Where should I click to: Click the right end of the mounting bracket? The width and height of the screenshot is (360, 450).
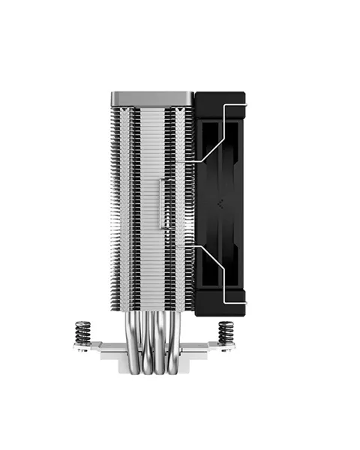pos(231,346)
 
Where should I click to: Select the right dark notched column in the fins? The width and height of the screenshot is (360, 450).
pos(180,202)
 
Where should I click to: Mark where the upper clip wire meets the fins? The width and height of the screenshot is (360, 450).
pos(193,160)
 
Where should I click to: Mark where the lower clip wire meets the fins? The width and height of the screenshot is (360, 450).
pos(193,244)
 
